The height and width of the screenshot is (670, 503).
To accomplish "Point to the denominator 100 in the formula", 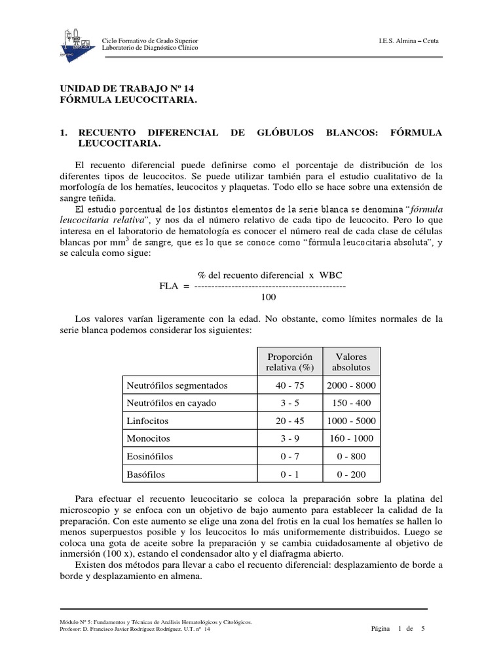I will [269, 297].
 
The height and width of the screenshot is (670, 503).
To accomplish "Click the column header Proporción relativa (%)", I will [289, 362].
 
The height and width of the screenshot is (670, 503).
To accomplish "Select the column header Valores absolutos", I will [352, 362].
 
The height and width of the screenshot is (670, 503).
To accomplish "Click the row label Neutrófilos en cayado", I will [171, 403].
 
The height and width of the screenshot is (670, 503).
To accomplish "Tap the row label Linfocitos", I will [147, 421].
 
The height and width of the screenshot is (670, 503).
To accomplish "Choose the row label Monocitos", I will [148, 438].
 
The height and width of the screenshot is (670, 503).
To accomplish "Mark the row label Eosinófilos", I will [150, 456].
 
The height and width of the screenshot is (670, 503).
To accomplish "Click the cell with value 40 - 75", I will [289, 385].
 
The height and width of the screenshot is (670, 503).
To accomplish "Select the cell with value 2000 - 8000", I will [352, 385].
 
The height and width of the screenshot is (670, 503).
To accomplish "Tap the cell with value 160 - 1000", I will [352, 438].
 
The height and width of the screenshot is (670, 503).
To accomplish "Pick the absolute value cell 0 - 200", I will [352, 474].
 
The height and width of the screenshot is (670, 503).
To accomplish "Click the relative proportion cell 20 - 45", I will [289, 421].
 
